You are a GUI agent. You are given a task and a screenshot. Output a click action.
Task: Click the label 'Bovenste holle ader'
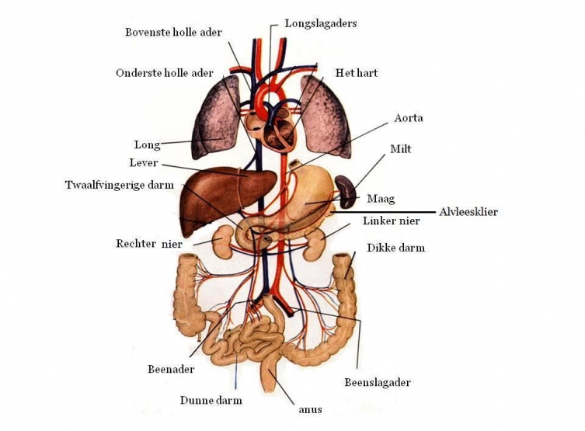point(173,33)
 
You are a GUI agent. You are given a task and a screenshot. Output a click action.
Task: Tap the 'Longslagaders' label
point(320,23)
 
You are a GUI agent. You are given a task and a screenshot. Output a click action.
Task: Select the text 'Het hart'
point(356,73)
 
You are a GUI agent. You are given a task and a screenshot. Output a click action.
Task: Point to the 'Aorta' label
point(408,118)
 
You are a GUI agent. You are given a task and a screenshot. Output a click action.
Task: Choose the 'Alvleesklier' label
point(468,211)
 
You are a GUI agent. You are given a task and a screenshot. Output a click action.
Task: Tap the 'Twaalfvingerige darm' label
point(119,185)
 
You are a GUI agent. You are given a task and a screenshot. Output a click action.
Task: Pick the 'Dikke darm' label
point(395,248)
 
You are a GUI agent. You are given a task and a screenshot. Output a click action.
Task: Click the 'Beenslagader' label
point(377,382)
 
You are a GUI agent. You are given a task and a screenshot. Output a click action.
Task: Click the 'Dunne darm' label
point(211,401)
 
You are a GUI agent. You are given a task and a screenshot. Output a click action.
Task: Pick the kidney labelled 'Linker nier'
point(315,245)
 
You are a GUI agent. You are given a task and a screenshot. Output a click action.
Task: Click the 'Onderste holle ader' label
point(164,73)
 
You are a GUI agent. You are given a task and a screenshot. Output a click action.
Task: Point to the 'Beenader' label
point(171,369)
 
